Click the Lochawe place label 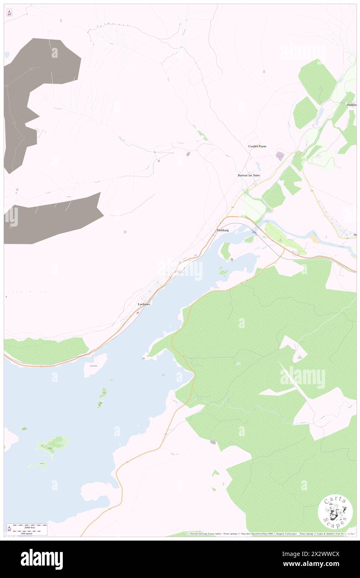point(144,304)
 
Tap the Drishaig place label point(223,230)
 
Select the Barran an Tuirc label point(249,175)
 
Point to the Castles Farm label point(257,146)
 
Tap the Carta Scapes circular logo point(335,511)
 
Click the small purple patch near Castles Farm point(280,156)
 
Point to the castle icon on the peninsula point(232,259)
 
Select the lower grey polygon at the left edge point(50,218)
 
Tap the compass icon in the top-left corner point(9,12)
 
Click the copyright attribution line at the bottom point(270,534)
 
